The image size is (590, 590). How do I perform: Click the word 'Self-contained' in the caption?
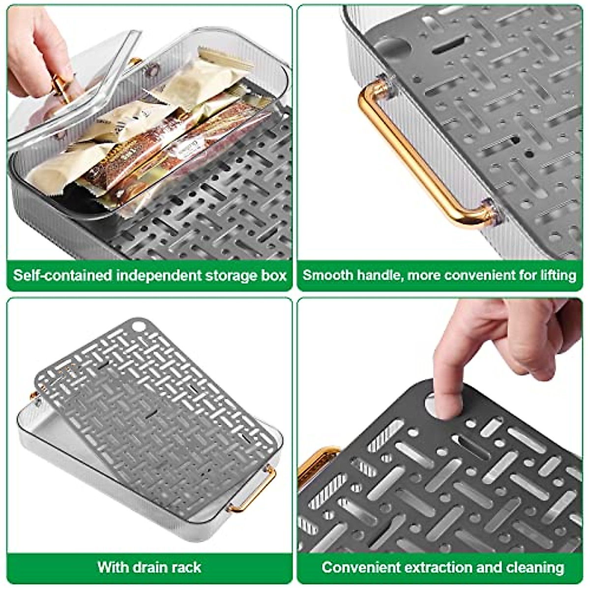[62, 275]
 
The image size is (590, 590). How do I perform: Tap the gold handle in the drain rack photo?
[256, 492]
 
